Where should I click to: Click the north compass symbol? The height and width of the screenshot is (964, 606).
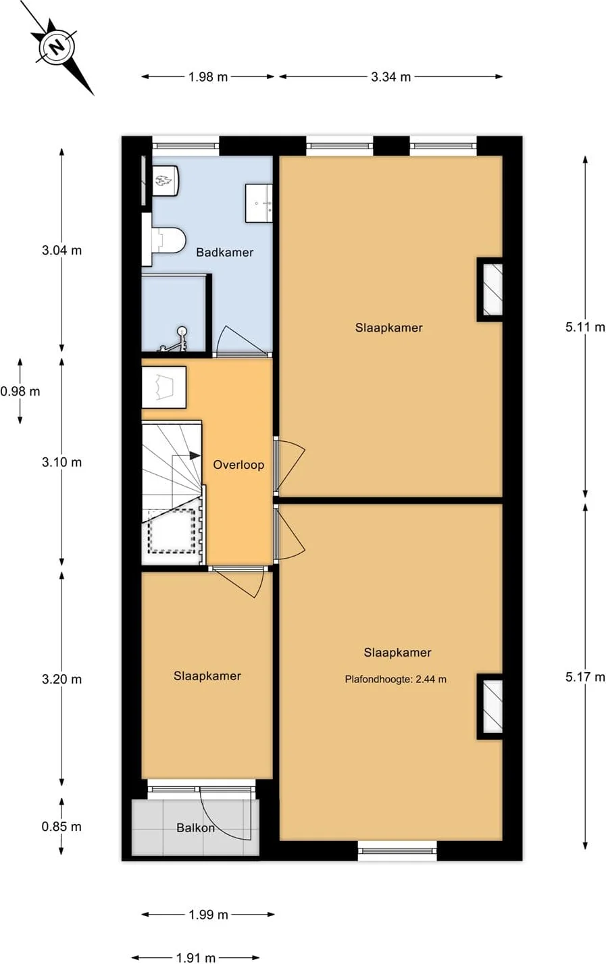click(57, 47)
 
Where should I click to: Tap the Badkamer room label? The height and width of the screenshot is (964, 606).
click(225, 252)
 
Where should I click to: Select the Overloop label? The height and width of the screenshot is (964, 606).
click(238, 465)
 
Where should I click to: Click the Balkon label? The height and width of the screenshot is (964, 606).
click(195, 828)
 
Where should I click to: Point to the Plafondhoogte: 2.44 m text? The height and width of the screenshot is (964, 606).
click(395, 679)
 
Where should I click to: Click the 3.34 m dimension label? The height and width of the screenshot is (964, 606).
click(390, 77)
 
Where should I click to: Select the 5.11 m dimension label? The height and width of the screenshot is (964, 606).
click(585, 327)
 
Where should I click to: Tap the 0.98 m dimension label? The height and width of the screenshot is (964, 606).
click(20, 391)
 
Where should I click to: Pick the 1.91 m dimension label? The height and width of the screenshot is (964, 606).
click(196, 957)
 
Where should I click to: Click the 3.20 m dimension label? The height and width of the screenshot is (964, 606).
click(61, 679)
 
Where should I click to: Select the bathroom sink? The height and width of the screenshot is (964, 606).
click(259, 203)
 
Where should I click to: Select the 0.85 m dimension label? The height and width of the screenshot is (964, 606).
click(61, 827)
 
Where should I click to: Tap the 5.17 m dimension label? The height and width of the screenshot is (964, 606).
click(585, 677)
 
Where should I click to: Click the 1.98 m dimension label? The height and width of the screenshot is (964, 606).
click(208, 77)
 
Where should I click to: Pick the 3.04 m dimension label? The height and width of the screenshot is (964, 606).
click(61, 251)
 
